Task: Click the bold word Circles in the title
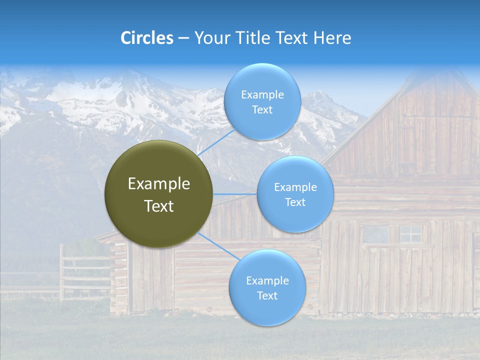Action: tap(147, 38)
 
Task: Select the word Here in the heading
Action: tap(332, 38)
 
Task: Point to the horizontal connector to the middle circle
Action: tap(235, 194)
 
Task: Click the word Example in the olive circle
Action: tap(159, 184)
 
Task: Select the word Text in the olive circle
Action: tap(159, 206)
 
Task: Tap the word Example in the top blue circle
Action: tap(262, 94)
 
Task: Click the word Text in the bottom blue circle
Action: tap(267, 295)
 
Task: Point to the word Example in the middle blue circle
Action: tap(295, 187)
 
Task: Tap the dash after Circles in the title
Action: tap(183, 38)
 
